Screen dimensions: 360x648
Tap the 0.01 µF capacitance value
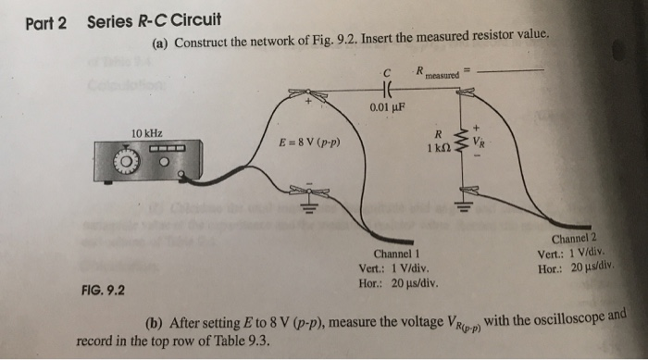pos(388,107)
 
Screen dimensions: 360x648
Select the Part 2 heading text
pos(45,22)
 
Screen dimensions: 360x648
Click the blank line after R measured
pos(514,69)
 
